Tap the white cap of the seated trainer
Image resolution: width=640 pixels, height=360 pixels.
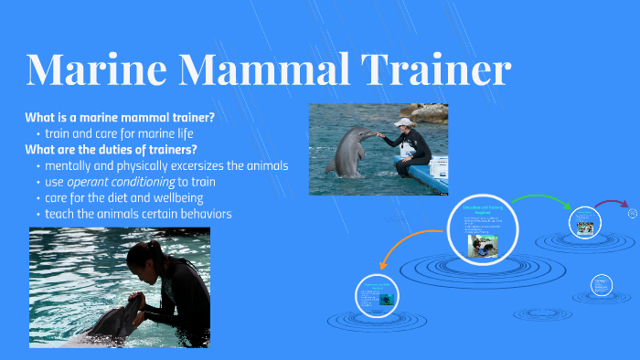tap(404, 122)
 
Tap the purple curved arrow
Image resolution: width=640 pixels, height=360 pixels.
tap(610, 204)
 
